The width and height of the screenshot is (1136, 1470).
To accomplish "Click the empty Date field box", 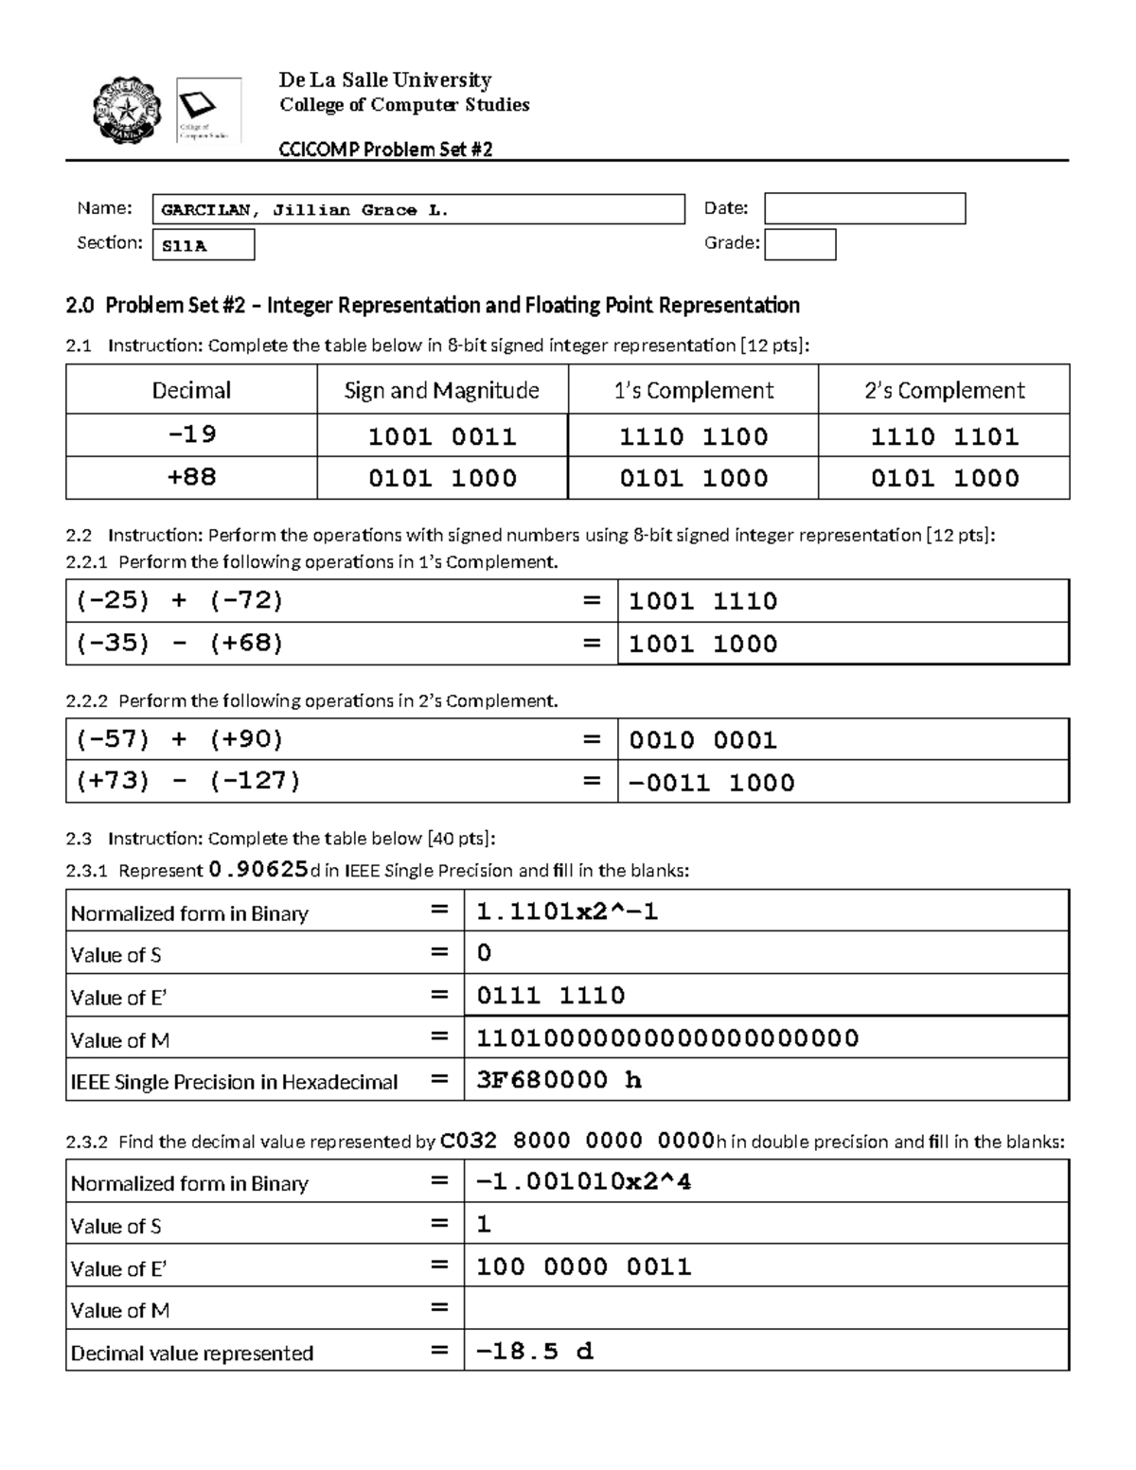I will click(864, 208).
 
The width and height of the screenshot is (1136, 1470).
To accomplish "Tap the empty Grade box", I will click(800, 244).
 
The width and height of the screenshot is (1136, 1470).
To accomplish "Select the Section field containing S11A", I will click(204, 245).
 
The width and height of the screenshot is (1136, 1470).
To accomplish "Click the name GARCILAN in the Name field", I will click(205, 210).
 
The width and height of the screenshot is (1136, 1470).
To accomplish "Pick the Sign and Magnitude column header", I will click(442, 390).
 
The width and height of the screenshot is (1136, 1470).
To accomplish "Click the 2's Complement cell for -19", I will click(944, 436).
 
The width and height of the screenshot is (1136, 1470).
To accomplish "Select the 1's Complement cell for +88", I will click(693, 478).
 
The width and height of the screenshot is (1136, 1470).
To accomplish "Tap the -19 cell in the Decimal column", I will click(191, 434).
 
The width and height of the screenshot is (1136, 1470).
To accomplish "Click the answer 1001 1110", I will click(703, 601).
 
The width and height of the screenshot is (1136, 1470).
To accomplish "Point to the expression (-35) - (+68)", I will click(180, 643).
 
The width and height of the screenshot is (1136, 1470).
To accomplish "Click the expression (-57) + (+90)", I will click(180, 739).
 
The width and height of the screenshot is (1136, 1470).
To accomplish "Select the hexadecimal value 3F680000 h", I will click(559, 1080).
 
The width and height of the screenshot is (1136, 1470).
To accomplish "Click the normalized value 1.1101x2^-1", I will click(567, 912).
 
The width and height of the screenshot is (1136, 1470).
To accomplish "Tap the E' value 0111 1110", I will click(550, 996).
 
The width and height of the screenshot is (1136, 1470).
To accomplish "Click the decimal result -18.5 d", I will click(535, 1352).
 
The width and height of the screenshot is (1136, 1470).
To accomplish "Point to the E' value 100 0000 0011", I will click(583, 1267).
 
